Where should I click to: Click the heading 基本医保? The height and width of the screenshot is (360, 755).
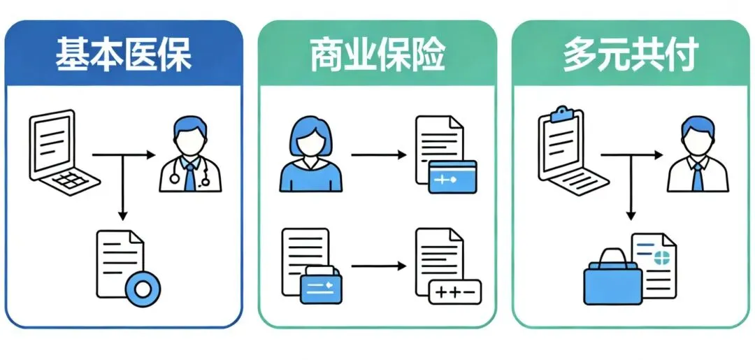click(124, 55)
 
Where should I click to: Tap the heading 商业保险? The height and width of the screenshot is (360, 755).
click(377, 55)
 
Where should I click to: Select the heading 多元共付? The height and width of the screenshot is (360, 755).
click(631, 55)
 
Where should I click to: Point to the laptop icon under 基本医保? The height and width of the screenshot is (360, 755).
click(62, 152)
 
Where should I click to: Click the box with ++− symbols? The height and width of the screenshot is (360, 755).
click(454, 291)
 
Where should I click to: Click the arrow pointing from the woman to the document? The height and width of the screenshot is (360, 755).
click(377, 154)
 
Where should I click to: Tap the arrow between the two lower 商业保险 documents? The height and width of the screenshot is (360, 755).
click(377, 266)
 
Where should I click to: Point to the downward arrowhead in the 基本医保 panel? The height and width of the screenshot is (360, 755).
click(123, 213)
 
